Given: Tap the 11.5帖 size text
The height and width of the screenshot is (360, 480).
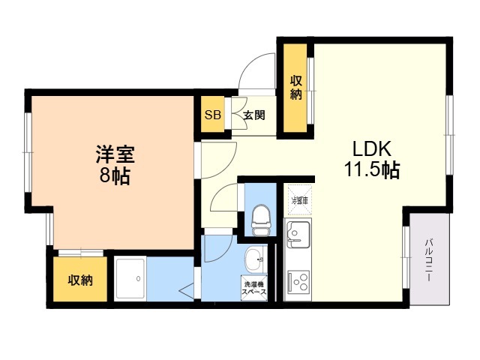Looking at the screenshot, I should (x=371, y=170).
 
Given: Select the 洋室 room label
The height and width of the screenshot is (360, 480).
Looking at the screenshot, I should (x=114, y=156).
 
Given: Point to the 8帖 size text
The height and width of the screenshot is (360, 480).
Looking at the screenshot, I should (x=114, y=178).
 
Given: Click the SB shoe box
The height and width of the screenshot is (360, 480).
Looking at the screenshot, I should (x=212, y=115).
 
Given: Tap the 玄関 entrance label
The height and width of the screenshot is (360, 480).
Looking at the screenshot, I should (x=253, y=115).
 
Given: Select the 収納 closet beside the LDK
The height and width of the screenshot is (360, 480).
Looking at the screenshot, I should (x=296, y=88).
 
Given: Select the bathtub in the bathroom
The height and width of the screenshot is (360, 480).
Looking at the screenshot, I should (x=130, y=279).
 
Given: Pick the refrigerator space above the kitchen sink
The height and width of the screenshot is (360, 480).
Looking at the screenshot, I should (x=299, y=199).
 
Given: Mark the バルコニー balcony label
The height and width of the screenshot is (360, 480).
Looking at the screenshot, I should (x=430, y=259).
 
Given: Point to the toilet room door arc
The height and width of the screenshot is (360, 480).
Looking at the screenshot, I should (x=224, y=201).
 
